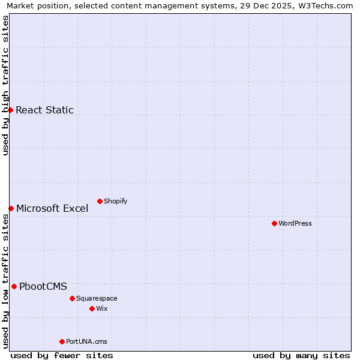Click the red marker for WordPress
coord(274,223)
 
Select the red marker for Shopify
coord(100,201)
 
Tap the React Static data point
coord(10,110)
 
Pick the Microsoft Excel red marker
coord(11,208)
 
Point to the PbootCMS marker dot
coord(14,286)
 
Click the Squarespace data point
coord(72,298)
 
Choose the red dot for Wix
coord(92,308)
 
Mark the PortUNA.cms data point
coord(62,341)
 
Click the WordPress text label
coord(295,223)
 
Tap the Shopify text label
coord(116,201)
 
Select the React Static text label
coord(44,110)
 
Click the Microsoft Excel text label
coord(52,208)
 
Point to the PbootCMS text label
coord(43,286)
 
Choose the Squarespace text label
coord(97,298)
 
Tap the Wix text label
coord(101,308)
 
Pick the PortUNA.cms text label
coord(86,341)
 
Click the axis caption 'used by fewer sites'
coord(62,355)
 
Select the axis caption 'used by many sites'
coord(301,355)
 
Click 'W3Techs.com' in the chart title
coord(326,6)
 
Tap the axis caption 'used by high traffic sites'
coord(6,85)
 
